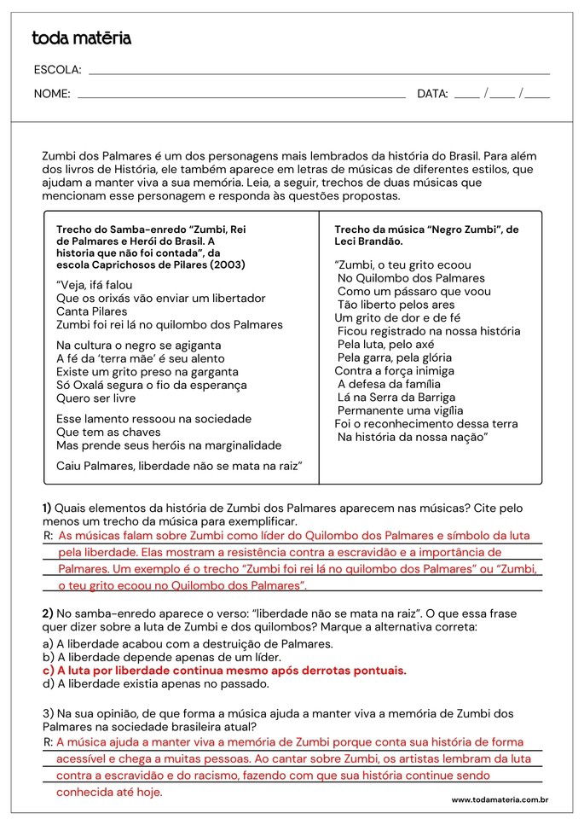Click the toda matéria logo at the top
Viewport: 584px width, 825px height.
click(x=81, y=38)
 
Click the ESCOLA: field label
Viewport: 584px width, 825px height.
click(x=57, y=70)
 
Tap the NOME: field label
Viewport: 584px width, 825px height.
click(x=52, y=94)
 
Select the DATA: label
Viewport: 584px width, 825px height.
click(x=432, y=94)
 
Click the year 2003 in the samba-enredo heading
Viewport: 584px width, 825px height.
click(x=228, y=264)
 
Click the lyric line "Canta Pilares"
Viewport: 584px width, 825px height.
click(x=91, y=311)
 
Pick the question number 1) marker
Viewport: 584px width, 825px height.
click(x=47, y=508)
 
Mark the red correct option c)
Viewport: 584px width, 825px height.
click(x=223, y=670)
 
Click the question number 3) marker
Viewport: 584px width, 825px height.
click(x=47, y=713)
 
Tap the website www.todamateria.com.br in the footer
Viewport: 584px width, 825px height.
click(x=500, y=800)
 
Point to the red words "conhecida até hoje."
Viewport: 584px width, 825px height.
click(x=109, y=792)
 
